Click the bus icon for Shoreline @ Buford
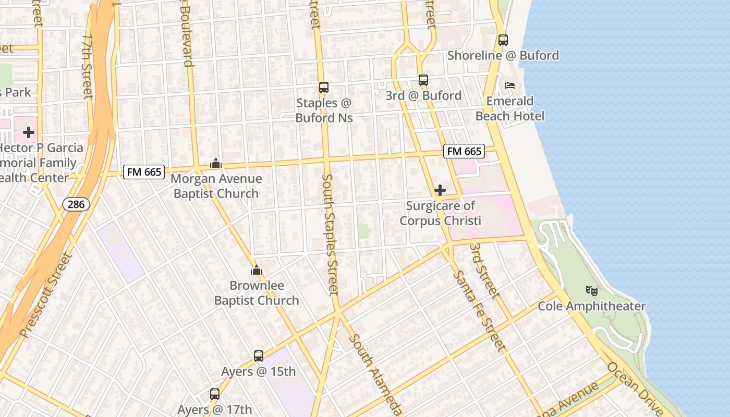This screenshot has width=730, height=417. (503, 40)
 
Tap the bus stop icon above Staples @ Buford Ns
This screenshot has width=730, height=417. (324, 88)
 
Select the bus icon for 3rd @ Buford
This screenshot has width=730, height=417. (423, 80)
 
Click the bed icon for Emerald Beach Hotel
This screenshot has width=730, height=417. (510, 85)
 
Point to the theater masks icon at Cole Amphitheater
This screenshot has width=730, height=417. (591, 291)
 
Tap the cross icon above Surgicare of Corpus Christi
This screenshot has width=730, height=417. (440, 190)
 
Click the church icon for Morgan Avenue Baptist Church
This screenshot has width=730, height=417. (216, 164)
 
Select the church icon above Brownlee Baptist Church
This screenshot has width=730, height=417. (257, 270)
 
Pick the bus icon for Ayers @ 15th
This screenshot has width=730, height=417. (259, 356)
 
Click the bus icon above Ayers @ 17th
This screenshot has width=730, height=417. (215, 394)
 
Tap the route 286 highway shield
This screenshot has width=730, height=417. (76, 204)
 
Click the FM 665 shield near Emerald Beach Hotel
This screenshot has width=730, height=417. (464, 151)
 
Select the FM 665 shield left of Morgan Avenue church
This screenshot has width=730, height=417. (144, 171)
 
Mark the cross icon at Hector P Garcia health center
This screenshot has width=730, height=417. (29, 132)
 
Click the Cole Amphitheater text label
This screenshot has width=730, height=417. (592, 306)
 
